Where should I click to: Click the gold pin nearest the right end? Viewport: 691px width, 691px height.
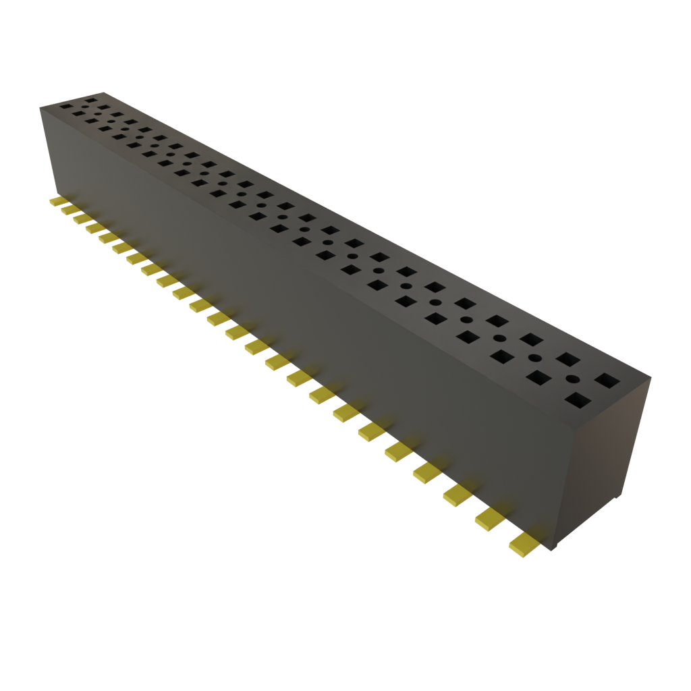pos(524,544)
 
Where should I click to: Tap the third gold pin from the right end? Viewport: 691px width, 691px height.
pos(458,495)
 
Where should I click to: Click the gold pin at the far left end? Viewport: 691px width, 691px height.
pos(57,202)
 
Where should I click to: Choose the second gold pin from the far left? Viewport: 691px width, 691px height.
pos(69,211)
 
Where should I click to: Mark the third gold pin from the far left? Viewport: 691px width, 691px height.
pos(80,219)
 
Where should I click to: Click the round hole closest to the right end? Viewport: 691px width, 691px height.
pos(573,379)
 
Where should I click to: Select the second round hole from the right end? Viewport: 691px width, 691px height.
pos(535,358)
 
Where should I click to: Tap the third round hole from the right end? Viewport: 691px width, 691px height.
pos(500,338)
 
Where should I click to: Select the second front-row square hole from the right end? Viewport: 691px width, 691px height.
pos(540,378)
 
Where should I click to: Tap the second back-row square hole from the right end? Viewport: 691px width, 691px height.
pos(569,359)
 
